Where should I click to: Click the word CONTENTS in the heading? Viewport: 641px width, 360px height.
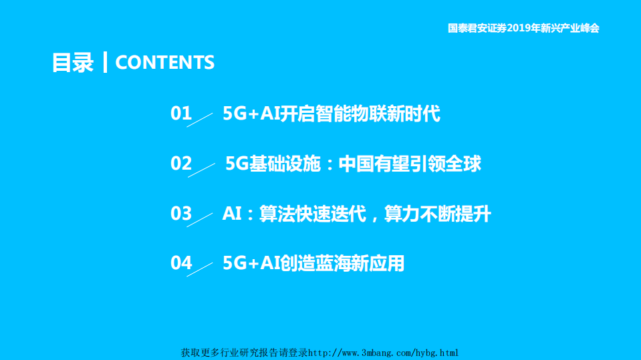click(x=165, y=62)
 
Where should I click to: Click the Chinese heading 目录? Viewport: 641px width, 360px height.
click(x=73, y=62)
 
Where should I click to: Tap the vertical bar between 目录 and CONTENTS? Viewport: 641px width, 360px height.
click(x=105, y=62)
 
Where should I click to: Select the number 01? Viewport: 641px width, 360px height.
click(x=181, y=114)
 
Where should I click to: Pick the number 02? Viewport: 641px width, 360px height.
click(x=181, y=164)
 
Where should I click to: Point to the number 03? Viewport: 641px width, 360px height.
click(x=181, y=214)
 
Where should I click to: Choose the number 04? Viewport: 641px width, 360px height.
click(x=181, y=263)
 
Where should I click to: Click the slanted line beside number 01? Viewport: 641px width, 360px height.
click(x=200, y=119)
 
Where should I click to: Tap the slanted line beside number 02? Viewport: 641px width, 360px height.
click(x=201, y=170)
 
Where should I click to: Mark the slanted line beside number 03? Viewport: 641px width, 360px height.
click(x=200, y=219)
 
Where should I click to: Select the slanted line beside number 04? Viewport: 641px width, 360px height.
click(x=200, y=268)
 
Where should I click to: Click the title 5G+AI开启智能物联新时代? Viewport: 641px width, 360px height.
click(x=332, y=114)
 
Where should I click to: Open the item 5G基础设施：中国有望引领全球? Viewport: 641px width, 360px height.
click(x=353, y=164)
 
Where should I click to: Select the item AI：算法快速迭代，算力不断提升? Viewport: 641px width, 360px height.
click(x=356, y=214)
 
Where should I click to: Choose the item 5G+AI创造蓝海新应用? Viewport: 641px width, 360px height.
click(x=313, y=263)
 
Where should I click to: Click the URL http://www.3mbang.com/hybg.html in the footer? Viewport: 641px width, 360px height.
click(x=384, y=353)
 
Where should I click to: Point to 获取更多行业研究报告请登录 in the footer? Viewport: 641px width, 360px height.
click(x=245, y=353)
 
